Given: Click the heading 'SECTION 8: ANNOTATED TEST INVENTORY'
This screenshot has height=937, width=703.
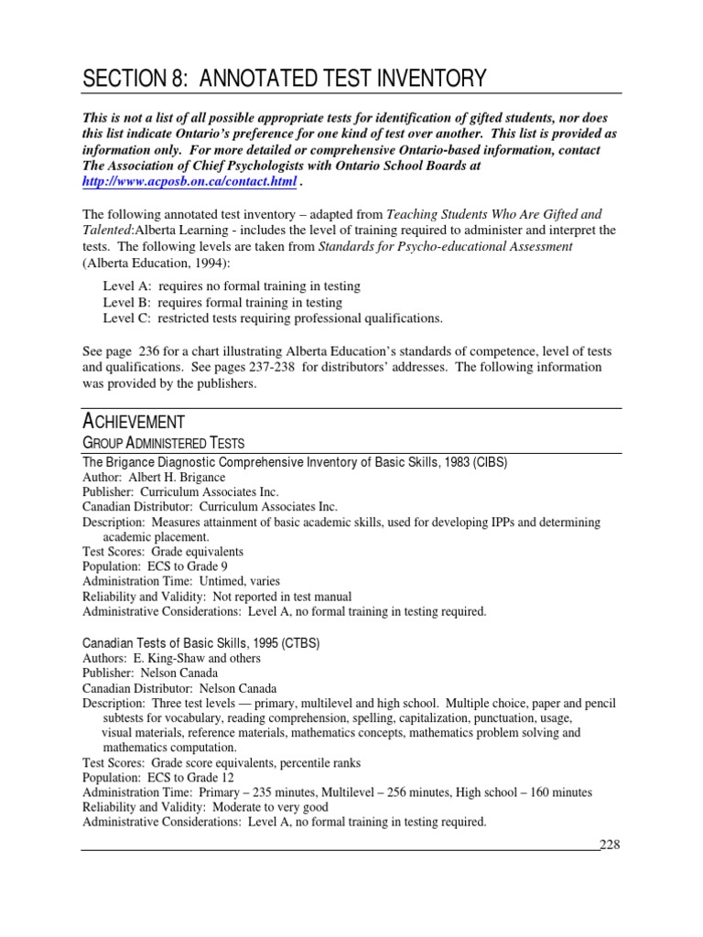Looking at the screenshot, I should point(284,80).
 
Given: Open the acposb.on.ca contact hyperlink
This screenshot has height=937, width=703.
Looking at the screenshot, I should point(189,182).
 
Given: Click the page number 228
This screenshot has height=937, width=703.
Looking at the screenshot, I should point(610,845).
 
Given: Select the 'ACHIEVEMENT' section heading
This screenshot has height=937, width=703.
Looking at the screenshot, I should point(134,421).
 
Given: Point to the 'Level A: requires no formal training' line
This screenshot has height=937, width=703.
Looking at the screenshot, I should point(231,286).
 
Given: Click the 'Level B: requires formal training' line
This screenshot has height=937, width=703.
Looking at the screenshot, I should point(222,302).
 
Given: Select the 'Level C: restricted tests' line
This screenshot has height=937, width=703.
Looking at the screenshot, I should point(273,318).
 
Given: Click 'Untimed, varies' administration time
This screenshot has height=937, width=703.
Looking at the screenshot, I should point(233,581).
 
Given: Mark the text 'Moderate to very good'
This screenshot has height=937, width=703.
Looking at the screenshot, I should point(270,807).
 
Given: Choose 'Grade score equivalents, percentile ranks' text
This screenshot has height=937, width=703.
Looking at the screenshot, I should point(256,762).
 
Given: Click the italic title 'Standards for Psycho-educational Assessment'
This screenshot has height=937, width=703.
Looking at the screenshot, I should point(446,247).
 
